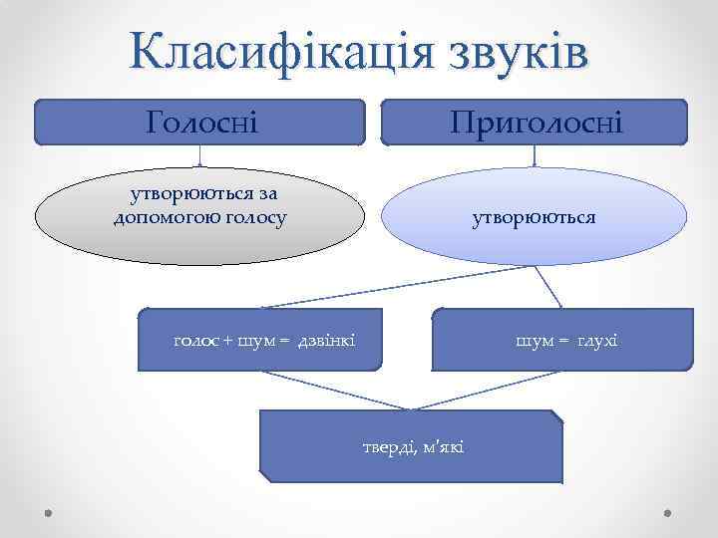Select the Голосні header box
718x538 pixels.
tap(200, 123)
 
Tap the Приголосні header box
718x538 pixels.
tap(535, 123)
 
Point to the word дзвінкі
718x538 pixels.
tap(325, 341)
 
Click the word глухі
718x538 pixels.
tap(596, 341)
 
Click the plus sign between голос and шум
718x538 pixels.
tap(228, 342)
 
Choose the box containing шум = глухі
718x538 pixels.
tap(562, 339)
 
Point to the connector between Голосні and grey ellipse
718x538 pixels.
tap(200, 155)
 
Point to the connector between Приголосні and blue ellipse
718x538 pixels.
tap(536, 155)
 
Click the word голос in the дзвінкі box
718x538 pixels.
tap(195, 341)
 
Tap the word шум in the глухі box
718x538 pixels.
tap(534, 341)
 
